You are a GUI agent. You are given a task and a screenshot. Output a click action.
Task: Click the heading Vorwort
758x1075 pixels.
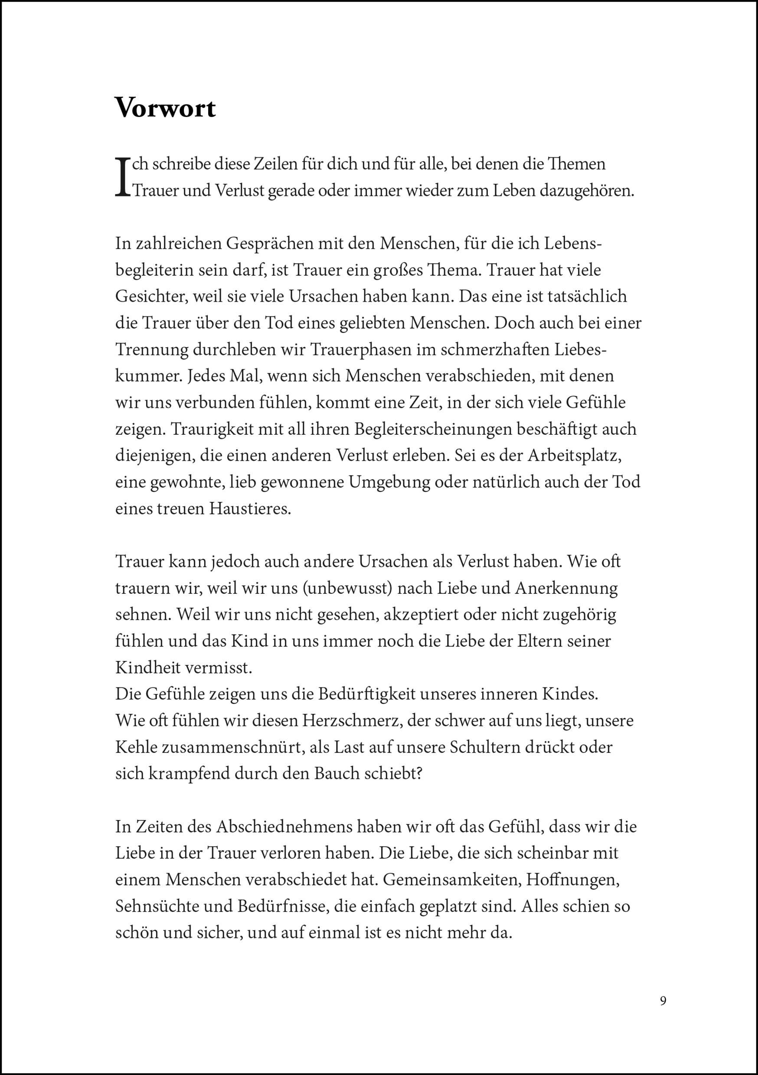165,108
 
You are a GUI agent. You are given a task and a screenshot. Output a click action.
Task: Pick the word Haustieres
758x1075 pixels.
250,509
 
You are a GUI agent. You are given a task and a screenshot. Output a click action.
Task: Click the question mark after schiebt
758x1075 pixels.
419,773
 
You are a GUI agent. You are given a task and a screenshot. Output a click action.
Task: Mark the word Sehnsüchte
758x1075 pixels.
157,906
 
